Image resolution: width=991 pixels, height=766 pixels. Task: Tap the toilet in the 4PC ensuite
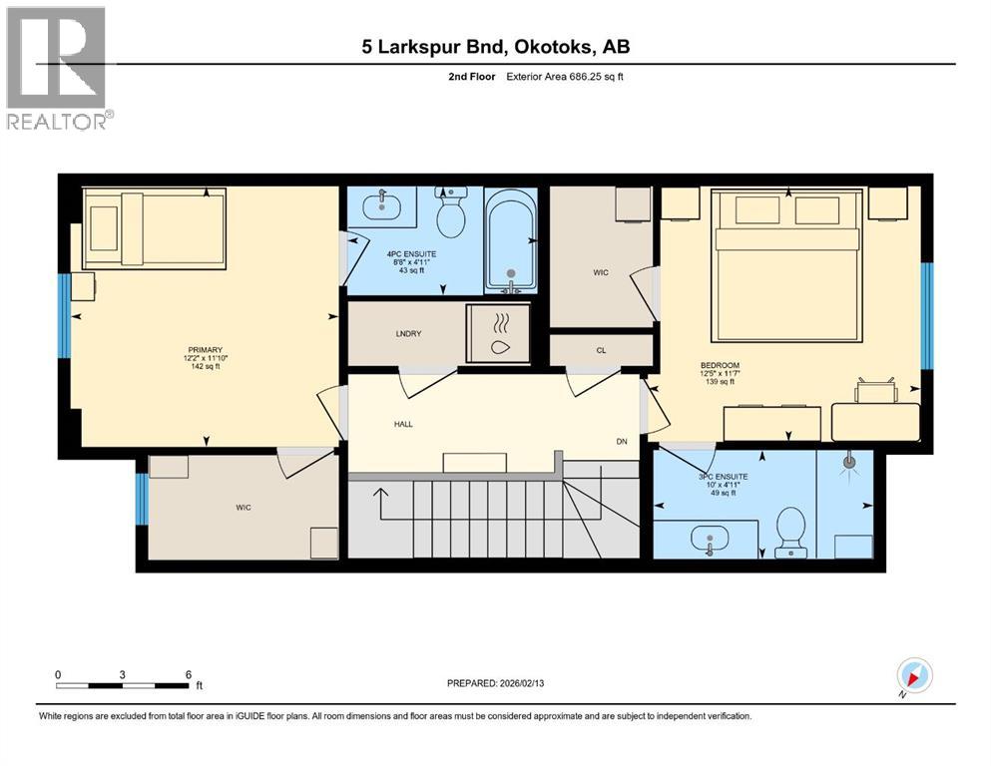tap(452, 213)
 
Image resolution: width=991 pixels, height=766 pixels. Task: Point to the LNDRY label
tap(406, 333)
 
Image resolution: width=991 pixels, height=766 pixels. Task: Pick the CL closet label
tap(600, 350)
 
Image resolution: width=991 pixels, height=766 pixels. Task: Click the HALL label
tap(402, 424)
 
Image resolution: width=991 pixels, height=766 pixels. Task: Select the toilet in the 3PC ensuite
tap(789, 531)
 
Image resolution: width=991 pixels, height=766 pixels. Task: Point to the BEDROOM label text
tap(718, 365)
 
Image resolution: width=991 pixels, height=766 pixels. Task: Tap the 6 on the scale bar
tap(189, 674)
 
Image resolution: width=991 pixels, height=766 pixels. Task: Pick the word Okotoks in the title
tap(556, 46)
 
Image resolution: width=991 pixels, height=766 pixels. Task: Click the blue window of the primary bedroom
tap(64, 315)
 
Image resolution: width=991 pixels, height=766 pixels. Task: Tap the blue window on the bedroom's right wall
tap(926, 314)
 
